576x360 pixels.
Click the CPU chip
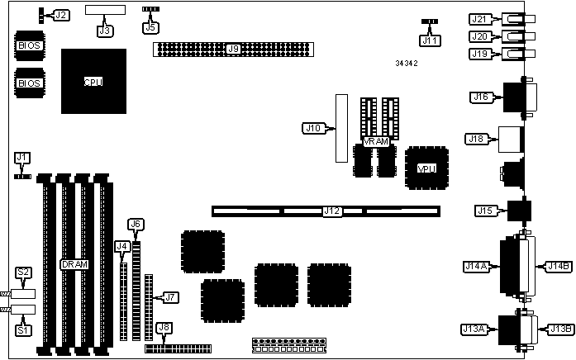tap(93, 82)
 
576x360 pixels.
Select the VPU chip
tap(426, 168)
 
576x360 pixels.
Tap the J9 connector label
tap(233, 50)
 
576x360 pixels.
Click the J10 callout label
tap(314, 128)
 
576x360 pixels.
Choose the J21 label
tap(478, 19)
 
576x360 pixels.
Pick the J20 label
tap(478, 36)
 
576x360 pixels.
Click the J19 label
tap(478, 54)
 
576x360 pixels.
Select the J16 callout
tap(481, 97)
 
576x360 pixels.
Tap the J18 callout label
tap(478, 139)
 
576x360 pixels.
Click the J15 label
tap(483, 211)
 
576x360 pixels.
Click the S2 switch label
tap(24, 272)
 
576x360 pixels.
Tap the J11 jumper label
tap(430, 40)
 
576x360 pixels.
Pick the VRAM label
tap(375, 141)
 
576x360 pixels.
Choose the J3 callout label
tap(105, 31)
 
